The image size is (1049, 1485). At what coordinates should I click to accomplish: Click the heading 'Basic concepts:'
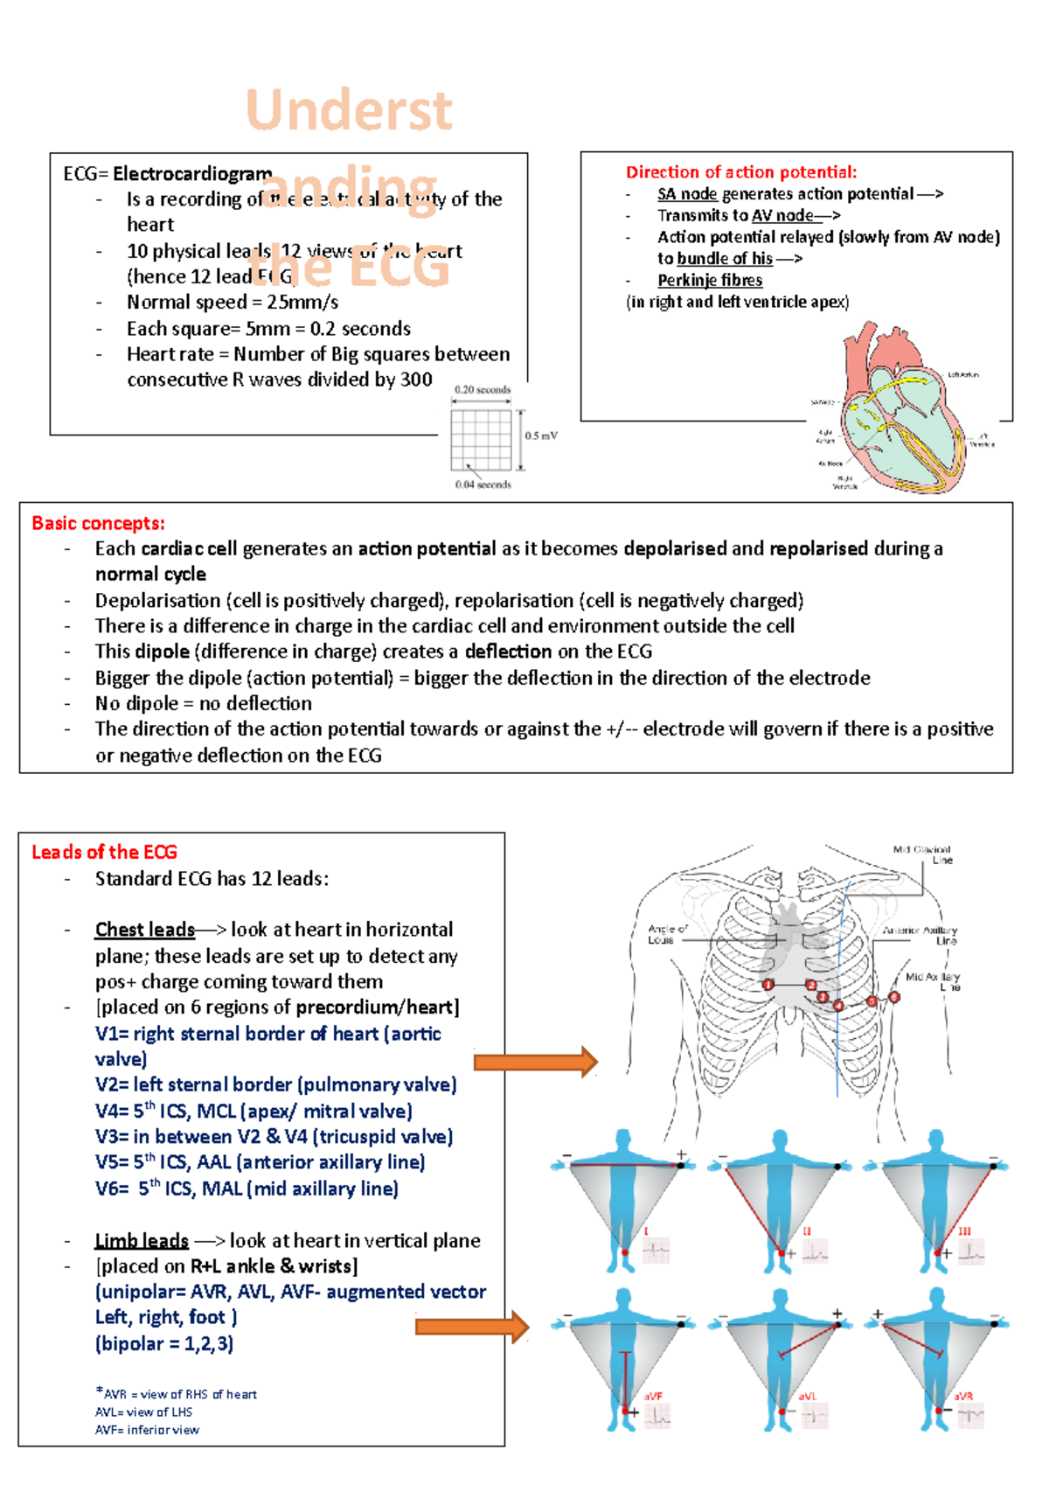(98, 523)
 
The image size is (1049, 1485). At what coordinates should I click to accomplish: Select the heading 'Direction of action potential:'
(740, 172)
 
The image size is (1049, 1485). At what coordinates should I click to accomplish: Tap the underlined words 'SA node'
(687, 194)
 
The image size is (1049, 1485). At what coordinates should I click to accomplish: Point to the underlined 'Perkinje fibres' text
(710, 280)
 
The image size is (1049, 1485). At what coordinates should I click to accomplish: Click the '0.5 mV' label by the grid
(541, 436)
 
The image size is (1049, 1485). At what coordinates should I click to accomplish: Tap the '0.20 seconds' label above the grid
(483, 390)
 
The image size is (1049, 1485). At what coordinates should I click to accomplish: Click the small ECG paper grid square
(481, 440)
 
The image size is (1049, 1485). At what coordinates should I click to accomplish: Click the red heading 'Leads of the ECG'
(104, 852)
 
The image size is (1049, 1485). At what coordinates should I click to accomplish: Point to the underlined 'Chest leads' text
(144, 930)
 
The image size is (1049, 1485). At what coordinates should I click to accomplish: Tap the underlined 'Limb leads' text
(142, 1241)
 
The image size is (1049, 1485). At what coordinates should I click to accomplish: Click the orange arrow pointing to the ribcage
(535, 1062)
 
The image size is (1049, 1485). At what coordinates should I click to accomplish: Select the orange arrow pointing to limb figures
(472, 1327)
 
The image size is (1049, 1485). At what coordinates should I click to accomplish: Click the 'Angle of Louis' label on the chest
(667, 934)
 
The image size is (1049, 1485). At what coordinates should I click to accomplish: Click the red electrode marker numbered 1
(768, 985)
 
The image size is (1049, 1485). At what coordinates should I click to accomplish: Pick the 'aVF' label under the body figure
(653, 1396)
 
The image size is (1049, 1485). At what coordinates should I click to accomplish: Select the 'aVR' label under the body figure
(962, 1396)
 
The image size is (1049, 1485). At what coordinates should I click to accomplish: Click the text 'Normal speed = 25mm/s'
(233, 303)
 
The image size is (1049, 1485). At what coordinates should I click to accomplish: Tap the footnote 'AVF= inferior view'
(147, 1430)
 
